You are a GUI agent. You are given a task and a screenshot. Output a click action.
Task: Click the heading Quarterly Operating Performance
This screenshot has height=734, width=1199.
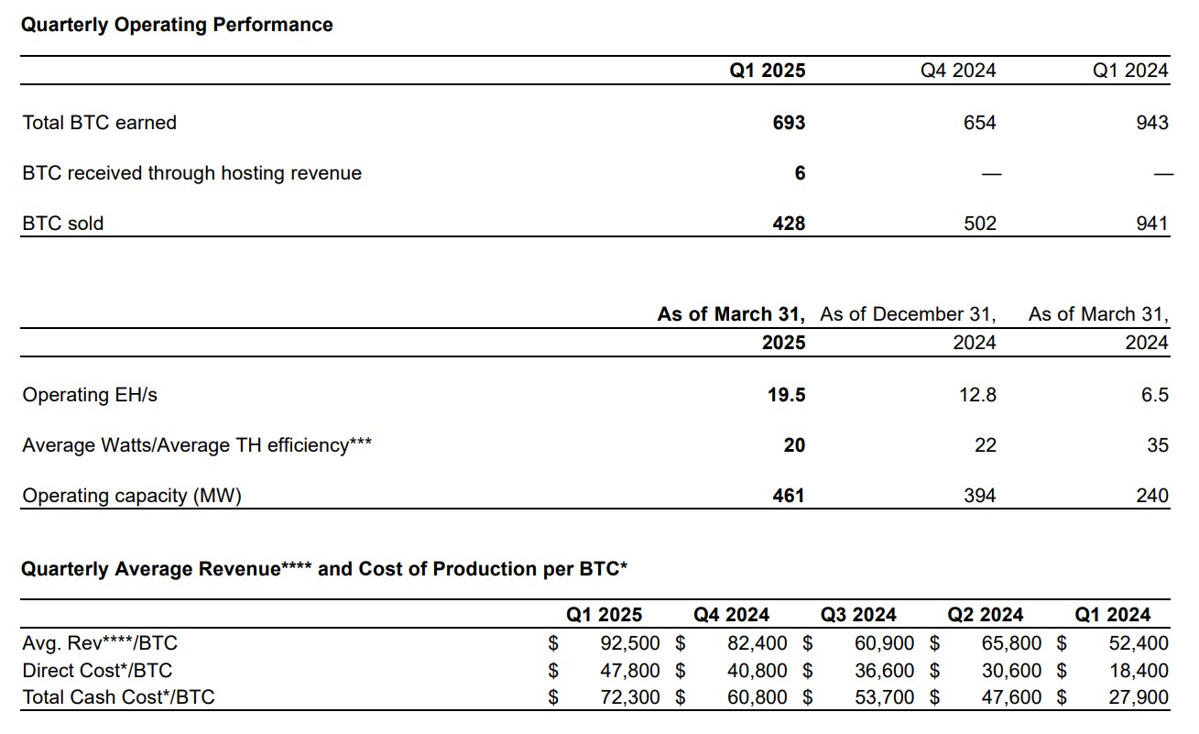(177, 25)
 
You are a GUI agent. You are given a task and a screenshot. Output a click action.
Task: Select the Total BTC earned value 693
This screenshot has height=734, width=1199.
(789, 123)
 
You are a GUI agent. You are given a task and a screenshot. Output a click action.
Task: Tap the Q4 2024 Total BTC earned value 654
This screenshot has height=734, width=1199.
(979, 123)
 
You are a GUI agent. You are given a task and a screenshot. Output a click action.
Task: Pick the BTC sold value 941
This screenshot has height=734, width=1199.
(1151, 224)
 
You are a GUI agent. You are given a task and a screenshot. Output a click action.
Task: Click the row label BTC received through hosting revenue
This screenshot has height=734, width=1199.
(191, 173)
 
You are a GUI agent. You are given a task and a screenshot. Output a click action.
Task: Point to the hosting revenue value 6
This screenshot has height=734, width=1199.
(800, 173)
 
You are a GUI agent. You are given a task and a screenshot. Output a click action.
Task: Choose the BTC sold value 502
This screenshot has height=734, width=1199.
(979, 224)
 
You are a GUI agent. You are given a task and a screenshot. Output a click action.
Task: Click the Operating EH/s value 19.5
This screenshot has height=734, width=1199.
(787, 395)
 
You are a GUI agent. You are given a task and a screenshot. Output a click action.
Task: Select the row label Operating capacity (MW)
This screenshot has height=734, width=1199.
(132, 496)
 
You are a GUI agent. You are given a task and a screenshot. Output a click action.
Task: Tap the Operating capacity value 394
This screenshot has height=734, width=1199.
(979, 496)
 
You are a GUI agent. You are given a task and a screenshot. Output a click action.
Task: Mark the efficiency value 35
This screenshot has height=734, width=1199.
(1158, 445)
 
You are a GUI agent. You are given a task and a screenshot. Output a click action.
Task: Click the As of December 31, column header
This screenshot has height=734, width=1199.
(908, 314)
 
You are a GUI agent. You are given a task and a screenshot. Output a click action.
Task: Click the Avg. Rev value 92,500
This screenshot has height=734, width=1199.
(629, 643)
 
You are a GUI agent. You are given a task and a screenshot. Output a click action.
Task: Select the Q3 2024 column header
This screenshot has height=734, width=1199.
(858, 615)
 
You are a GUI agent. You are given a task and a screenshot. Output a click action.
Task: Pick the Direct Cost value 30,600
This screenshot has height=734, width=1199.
(1012, 671)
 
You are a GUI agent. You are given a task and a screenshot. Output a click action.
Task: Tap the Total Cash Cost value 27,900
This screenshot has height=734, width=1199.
(1139, 697)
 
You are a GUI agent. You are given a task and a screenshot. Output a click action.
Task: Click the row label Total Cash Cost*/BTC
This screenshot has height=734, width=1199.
(118, 697)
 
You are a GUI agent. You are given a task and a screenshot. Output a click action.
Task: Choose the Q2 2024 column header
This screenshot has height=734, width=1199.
(986, 615)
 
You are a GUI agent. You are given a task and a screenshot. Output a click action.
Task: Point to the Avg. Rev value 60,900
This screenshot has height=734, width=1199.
(885, 643)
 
